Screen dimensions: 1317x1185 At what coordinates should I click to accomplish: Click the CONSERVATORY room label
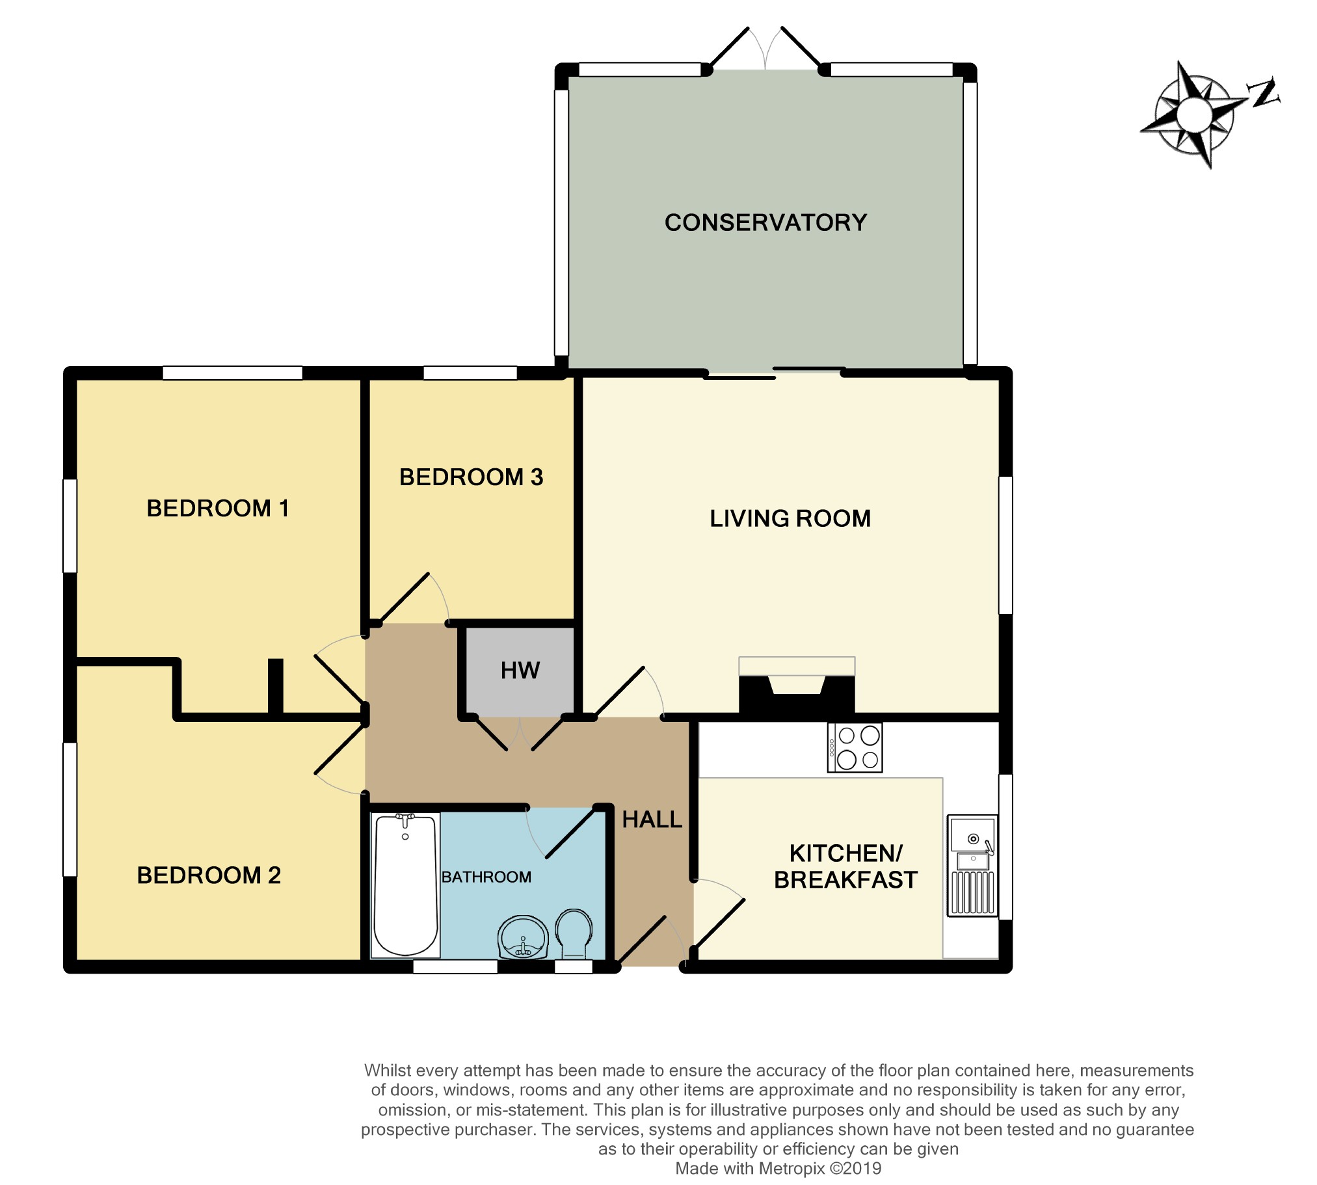coord(765,222)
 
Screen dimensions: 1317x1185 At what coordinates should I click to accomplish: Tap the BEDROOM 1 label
coord(217,508)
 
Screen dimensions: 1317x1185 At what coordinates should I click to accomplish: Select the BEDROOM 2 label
coord(208,875)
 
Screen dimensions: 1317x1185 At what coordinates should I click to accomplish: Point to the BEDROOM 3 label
coord(471,477)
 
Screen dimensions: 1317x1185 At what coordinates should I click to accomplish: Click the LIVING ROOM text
coord(790,518)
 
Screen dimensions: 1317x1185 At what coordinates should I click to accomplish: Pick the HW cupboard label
coord(520,670)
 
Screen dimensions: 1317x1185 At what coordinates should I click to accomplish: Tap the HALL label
coord(652,819)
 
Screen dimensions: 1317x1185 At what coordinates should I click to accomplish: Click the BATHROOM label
coord(486,877)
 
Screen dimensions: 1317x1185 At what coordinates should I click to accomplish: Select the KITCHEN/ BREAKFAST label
coord(845,866)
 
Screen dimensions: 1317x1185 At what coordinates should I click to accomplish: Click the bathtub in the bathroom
coord(405,885)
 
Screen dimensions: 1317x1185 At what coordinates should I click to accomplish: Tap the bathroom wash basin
coord(524,937)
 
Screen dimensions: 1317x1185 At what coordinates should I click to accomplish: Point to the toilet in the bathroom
coord(574,934)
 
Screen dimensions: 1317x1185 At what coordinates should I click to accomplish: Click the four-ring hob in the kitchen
coord(855,747)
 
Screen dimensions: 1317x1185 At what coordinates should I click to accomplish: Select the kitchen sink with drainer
coord(972,865)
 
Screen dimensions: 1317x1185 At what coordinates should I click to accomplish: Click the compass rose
coord(1194,114)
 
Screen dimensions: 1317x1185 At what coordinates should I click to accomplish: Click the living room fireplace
coord(796,687)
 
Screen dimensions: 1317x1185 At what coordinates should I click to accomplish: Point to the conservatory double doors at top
coord(765,48)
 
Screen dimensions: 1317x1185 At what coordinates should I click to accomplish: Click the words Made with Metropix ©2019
coord(778,1169)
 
